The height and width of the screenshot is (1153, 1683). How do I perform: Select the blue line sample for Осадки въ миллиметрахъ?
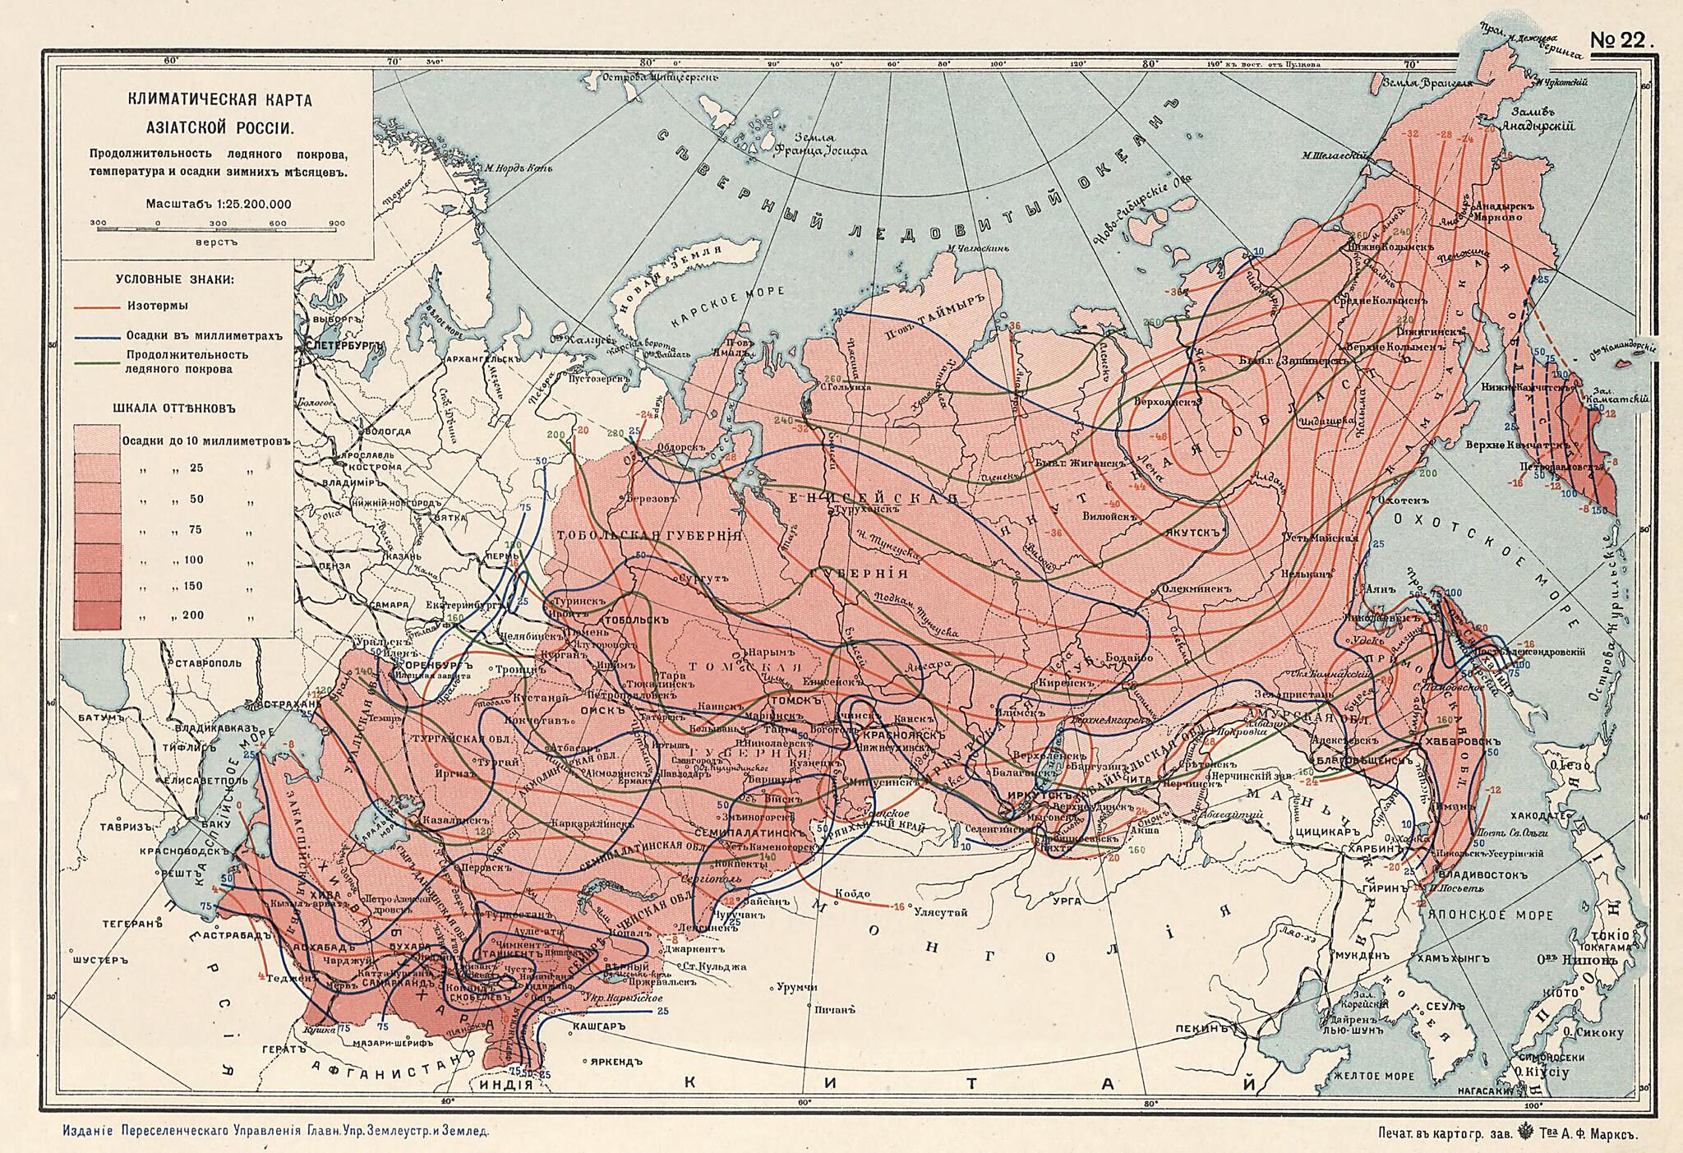(96, 336)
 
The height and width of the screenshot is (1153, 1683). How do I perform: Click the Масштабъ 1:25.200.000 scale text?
(218, 204)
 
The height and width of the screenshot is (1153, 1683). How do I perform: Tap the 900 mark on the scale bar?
(335, 223)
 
